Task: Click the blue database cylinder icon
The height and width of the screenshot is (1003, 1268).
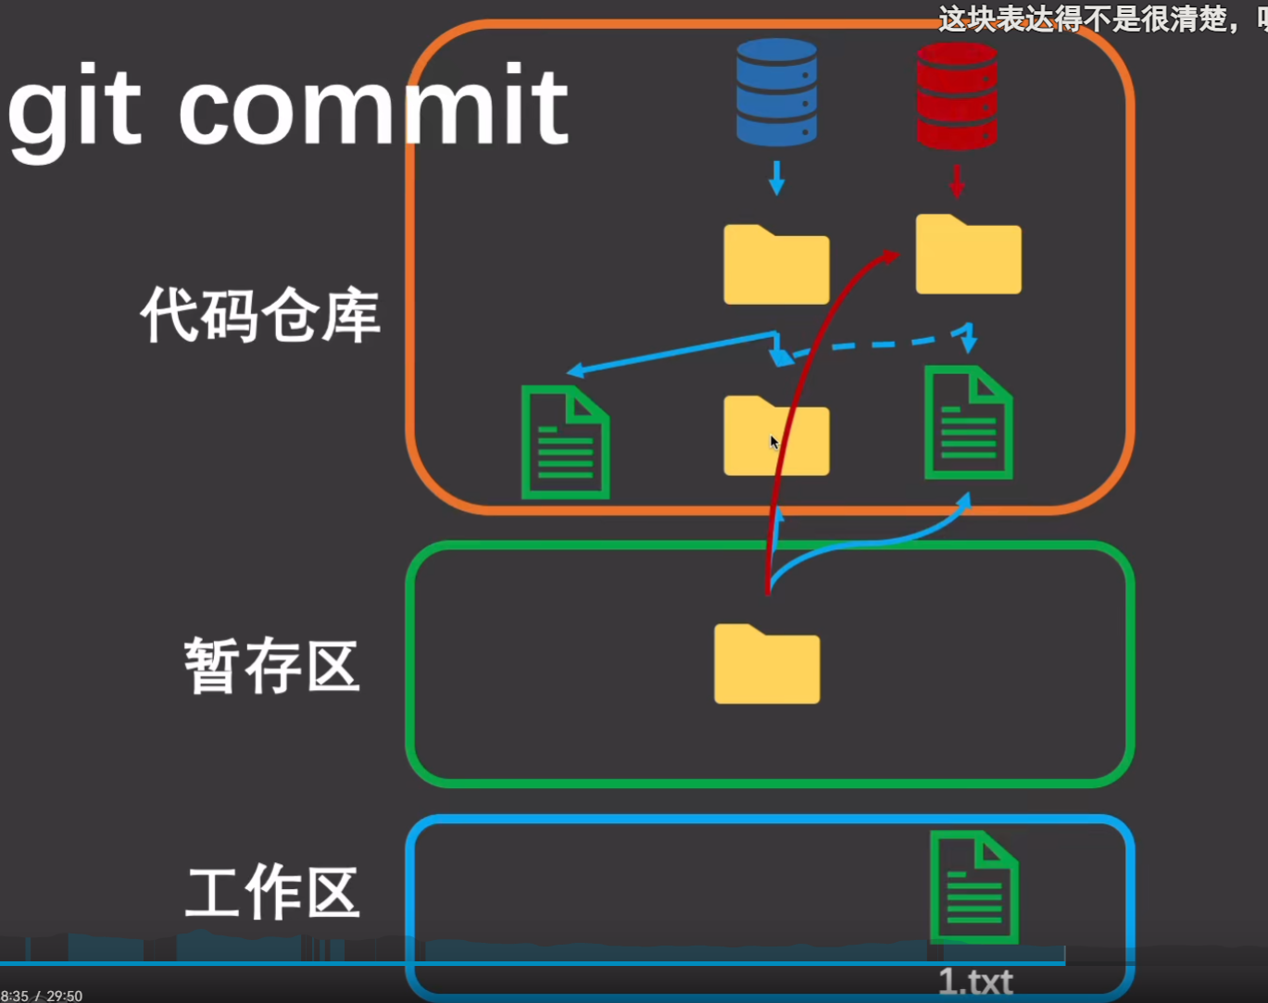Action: pyautogui.click(x=776, y=92)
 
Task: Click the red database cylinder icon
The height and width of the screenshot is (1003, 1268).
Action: pyautogui.click(x=957, y=94)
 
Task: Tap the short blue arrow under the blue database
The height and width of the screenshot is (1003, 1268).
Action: pyautogui.click(x=776, y=177)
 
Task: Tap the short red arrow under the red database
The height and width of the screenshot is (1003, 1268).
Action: pyautogui.click(x=957, y=181)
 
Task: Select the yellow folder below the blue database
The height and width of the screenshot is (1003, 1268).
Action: pyautogui.click(x=776, y=266)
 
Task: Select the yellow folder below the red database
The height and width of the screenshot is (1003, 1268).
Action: pyautogui.click(x=969, y=256)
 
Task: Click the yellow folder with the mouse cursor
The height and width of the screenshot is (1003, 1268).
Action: pyautogui.click(x=776, y=437)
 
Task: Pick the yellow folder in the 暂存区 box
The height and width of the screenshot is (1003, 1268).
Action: pyautogui.click(x=767, y=665)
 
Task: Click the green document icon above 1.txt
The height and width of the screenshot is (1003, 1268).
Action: pyautogui.click(x=974, y=887)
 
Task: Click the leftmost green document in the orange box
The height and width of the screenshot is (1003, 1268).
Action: pyautogui.click(x=565, y=442)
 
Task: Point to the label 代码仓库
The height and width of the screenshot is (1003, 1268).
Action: pyautogui.click(x=260, y=315)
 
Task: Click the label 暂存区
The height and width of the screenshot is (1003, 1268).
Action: pyautogui.click(x=271, y=665)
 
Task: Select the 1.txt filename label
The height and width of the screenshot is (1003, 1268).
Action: pyautogui.click(x=975, y=981)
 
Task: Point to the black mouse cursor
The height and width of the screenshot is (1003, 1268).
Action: pyautogui.click(x=774, y=443)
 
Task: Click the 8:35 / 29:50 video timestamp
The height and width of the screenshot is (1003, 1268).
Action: pyautogui.click(x=42, y=996)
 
